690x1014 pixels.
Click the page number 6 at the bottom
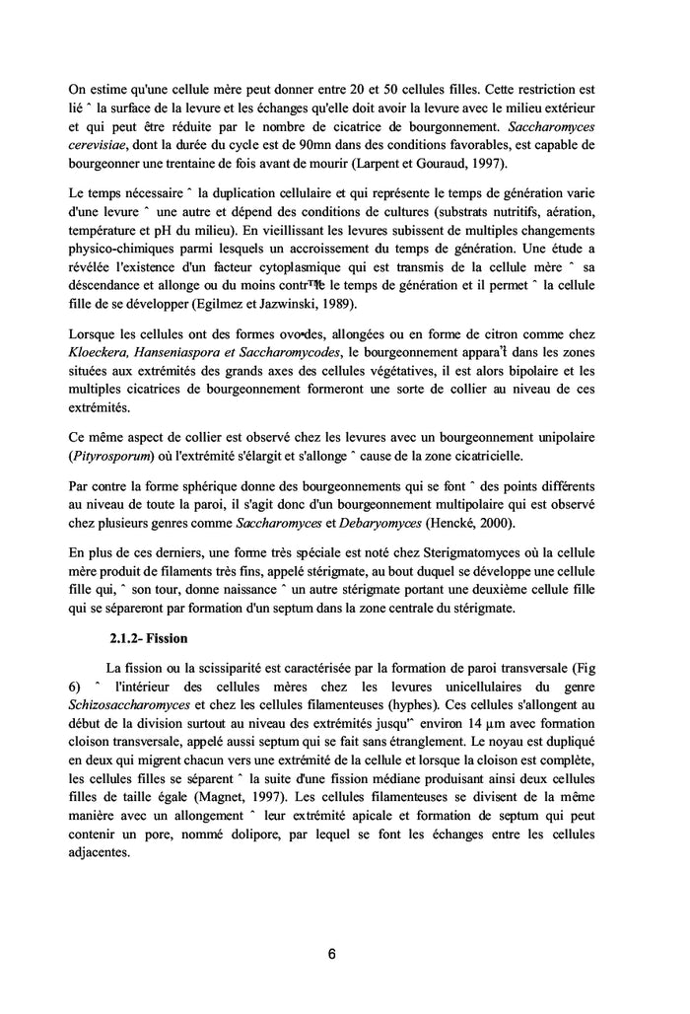331,954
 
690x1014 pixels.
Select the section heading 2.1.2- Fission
148,637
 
